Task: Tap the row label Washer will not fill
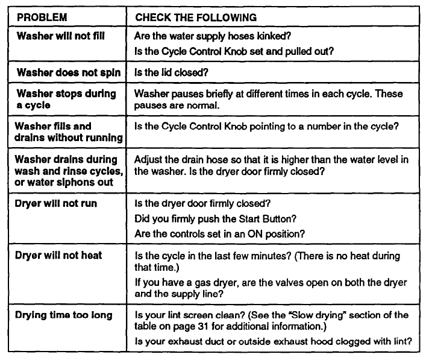60,36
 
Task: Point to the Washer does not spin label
68,73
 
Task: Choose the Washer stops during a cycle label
66,100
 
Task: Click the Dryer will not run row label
56,204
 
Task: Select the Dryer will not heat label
58,255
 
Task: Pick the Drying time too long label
63,314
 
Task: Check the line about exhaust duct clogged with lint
273,343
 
